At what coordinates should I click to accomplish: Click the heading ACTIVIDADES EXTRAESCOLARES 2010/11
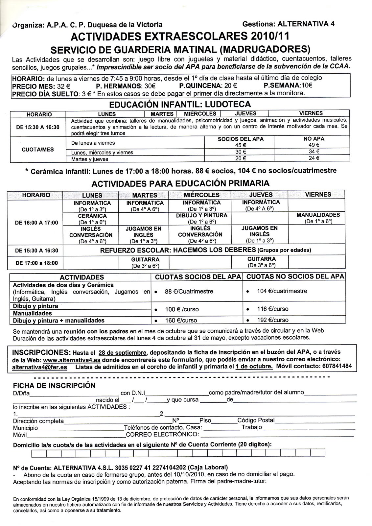(180, 36)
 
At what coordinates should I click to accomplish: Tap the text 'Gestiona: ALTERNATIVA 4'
(288, 24)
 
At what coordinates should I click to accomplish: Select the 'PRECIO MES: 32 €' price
(41, 86)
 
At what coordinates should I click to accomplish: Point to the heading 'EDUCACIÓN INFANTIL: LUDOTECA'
(180, 105)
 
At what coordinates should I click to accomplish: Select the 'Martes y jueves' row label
(90, 159)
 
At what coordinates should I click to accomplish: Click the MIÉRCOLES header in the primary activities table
(201, 195)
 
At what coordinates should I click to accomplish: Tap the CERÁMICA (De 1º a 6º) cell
(92, 219)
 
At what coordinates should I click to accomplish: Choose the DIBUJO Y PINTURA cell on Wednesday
(201, 218)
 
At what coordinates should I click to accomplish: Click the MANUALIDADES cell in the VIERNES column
(318, 218)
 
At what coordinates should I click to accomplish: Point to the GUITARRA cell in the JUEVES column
(261, 262)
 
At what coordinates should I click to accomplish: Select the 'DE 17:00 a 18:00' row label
(36, 263)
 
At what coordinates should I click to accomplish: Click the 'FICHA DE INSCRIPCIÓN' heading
(54, 385)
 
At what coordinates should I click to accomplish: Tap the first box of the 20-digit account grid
(39, 453)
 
